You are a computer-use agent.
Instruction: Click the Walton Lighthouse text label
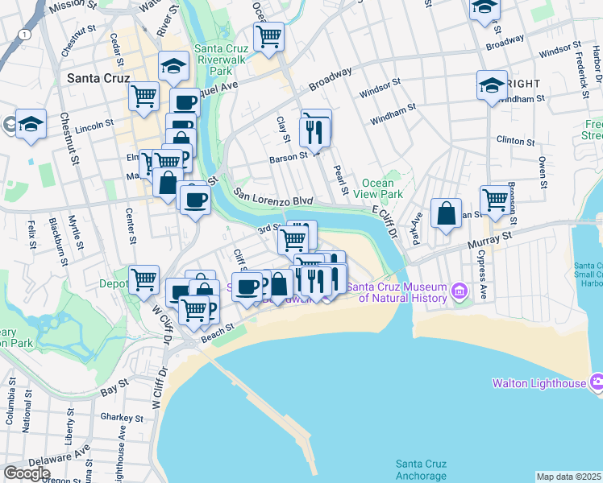pyautogui.click(x=539, y=383)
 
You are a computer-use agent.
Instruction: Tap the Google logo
pyautogui.click(x=27, y=473)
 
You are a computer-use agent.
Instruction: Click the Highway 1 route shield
pyautogui.click(x=27, y=35)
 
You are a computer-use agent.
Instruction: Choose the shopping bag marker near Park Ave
pyautogui.click(x=446, y=214)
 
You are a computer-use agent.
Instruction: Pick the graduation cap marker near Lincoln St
pyautogui.click(x=31, y=125)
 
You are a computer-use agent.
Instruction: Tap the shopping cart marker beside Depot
pyautogui.click(x=144, y=279)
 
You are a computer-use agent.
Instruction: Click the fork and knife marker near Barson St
pyautogui.click(x=314, y=130)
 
